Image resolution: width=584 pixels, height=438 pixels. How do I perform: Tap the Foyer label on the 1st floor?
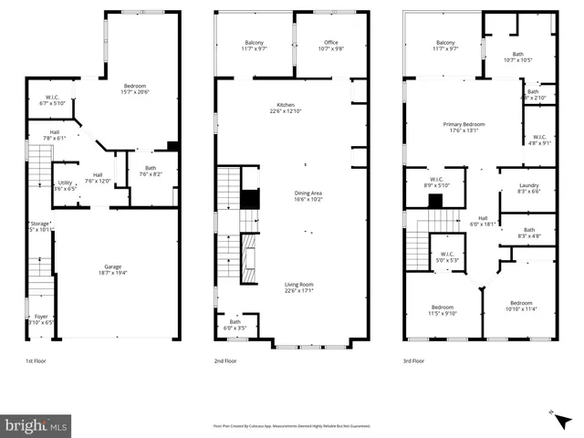pyautogui.click(x=39, y=319)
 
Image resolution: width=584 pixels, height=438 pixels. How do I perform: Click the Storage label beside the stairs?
pyautogui.click(x=39, y=224)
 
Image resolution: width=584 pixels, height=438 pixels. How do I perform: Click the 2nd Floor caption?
pyautogui.click(x=226, y=361)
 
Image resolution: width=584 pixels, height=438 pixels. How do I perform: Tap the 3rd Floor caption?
pyautogui.click(x=413, y=361)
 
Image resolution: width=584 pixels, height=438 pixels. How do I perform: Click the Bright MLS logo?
pyautogui.click(x=36, y=425)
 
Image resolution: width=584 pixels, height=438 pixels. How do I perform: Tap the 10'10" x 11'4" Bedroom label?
pyautogui.click(x=521, y=305)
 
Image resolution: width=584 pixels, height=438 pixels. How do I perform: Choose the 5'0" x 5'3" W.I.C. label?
pyautogui.click(x=447, y=256)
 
